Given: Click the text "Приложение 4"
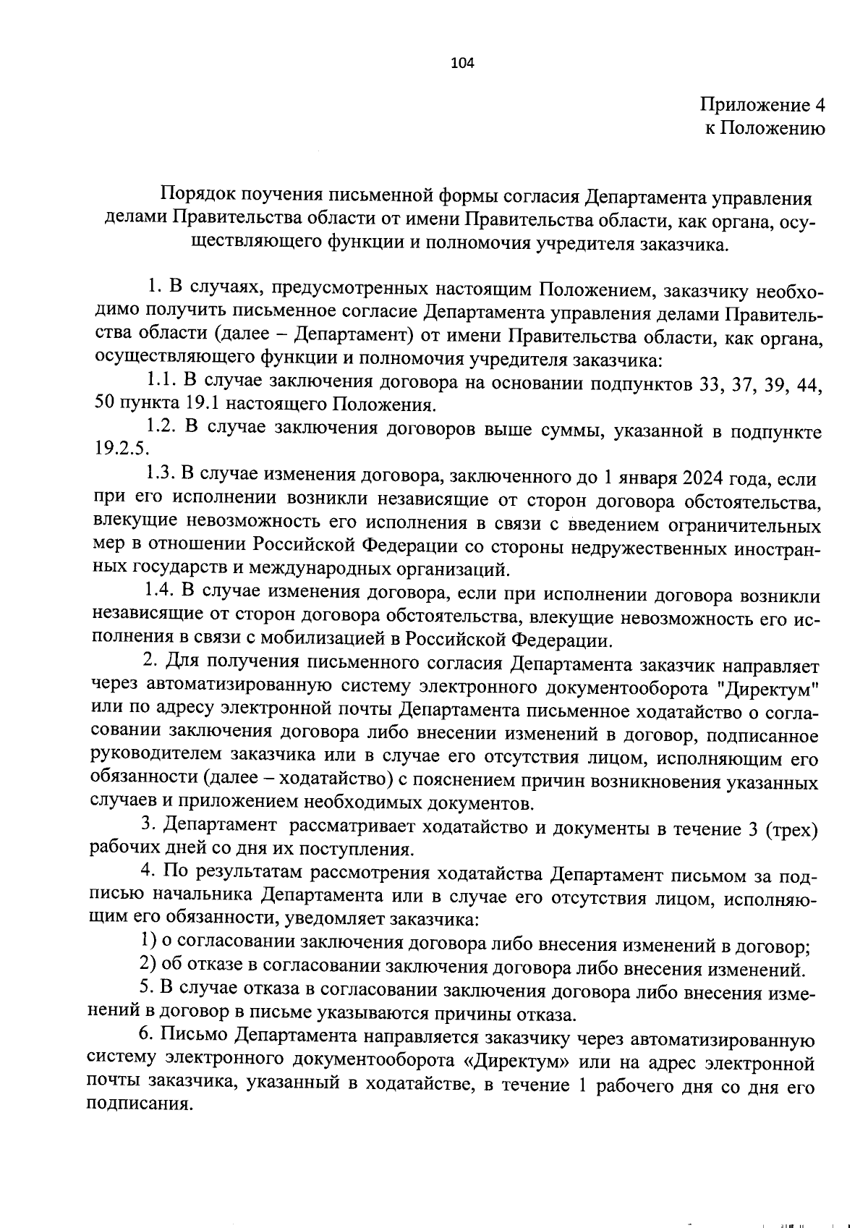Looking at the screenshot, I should pos(762,105).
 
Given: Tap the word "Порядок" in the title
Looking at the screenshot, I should pos(196,195).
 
